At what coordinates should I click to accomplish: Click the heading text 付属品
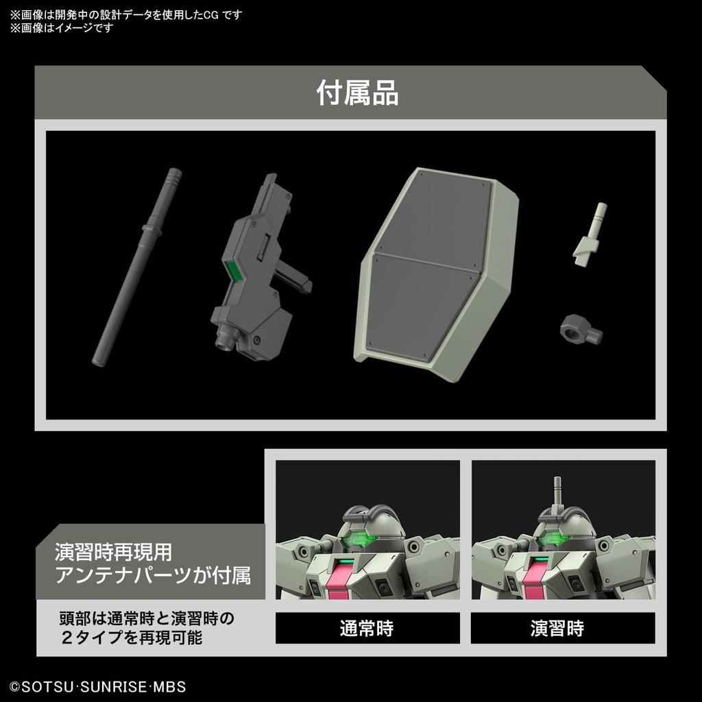click(357, 93)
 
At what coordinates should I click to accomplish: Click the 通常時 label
click(367, 628)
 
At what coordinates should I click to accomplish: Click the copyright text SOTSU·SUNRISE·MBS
click(97, 686)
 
